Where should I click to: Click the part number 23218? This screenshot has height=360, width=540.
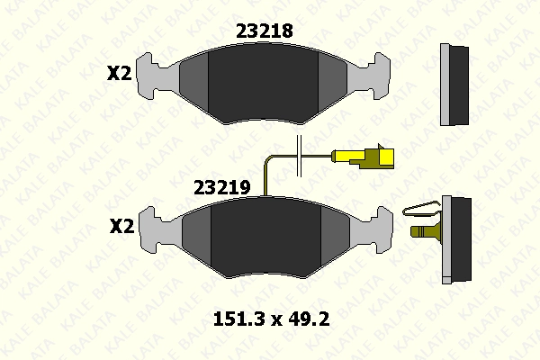(x=264, y=31)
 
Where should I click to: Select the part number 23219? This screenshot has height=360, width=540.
(x=221, y=188)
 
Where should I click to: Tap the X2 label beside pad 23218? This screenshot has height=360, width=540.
(x=119, y=74)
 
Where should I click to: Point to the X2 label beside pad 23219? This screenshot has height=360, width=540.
(x=121, y=227)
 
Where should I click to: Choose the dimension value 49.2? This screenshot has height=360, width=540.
(x=309, y=319)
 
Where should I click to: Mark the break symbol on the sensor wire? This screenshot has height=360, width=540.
(x=299, y=156)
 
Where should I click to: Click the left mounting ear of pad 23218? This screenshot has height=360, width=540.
(x=150, y=76)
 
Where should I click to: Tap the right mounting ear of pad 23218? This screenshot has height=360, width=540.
(x=375, y=76)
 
